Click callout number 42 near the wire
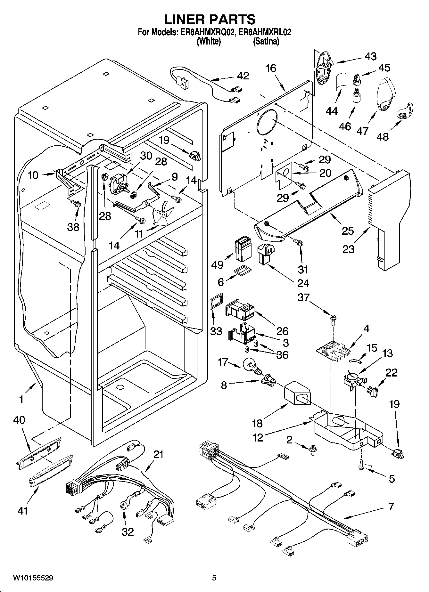pos(243,76)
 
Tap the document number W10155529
pos(33,578)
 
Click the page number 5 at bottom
pos(214,578)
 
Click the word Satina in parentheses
pos(266,41)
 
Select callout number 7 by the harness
pos(391,507)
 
